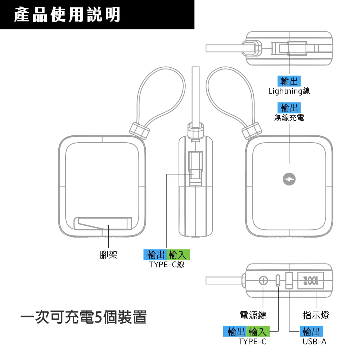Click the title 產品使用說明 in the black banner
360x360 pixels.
point(68,15)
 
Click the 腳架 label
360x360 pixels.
point(108,255)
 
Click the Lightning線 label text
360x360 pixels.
point(289,91)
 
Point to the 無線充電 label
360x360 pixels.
point(289,117)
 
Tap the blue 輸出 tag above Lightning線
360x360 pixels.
point(289,81)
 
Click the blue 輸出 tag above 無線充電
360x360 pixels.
point(289,107)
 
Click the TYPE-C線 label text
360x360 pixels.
point(167,265)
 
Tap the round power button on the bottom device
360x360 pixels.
point(263,280)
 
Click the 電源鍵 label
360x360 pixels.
point(253,315)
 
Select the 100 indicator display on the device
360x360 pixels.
point(311,280)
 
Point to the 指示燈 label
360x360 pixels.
point(316,315)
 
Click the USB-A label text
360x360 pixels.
point(314,341)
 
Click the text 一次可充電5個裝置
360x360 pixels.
point(84,318)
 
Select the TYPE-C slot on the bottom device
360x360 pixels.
point(278,280)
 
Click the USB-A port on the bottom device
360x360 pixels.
point(289,280)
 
